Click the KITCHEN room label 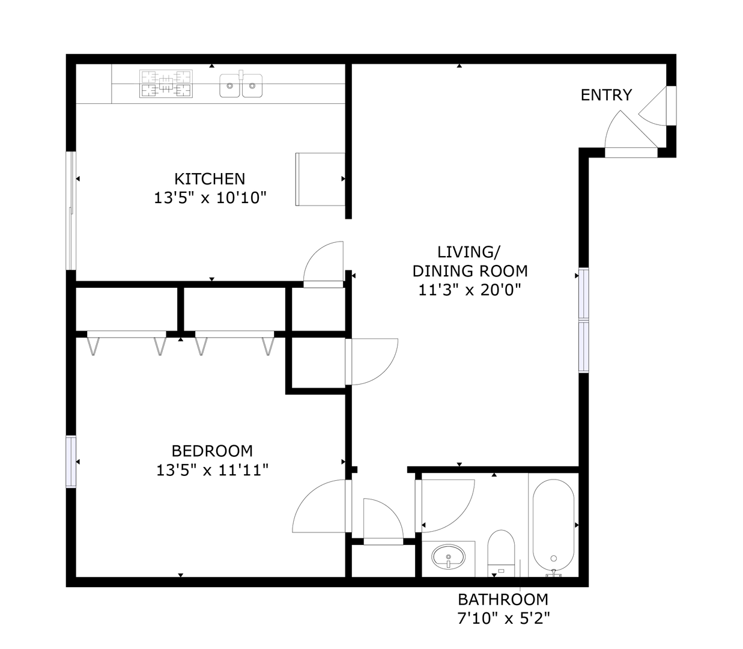pyautogui.click(x=210, y=179)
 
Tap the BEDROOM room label pyautogui.click(x=212, y=451)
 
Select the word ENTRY pyautogui.click(x=606, y=95)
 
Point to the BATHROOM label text pyautogui.click(x=503, y=600)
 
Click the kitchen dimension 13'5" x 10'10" pyautogui.click(x=210, y=198)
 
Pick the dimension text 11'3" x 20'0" pyautogui.click(x=470, y=290)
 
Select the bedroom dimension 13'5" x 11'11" pyautogui.click(x=212, y=471)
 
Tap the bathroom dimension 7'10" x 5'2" pyautogui.click(x=503, y=618)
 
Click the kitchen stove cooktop pyautogui.click(x=166, y=84)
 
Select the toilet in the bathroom pyautogui.click(x=501, y=553)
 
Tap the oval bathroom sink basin pyautogui.click(x=449, y=556)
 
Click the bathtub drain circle pyautogui.click(x=554, y=558)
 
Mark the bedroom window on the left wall pyautogui.click(x=71, y=462)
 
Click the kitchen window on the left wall pyautogui.click(x=71, y=211)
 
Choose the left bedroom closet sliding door pyautogui.click(x=126, y=334)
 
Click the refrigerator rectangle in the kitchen pyautogui.click(x=320, y=180)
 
